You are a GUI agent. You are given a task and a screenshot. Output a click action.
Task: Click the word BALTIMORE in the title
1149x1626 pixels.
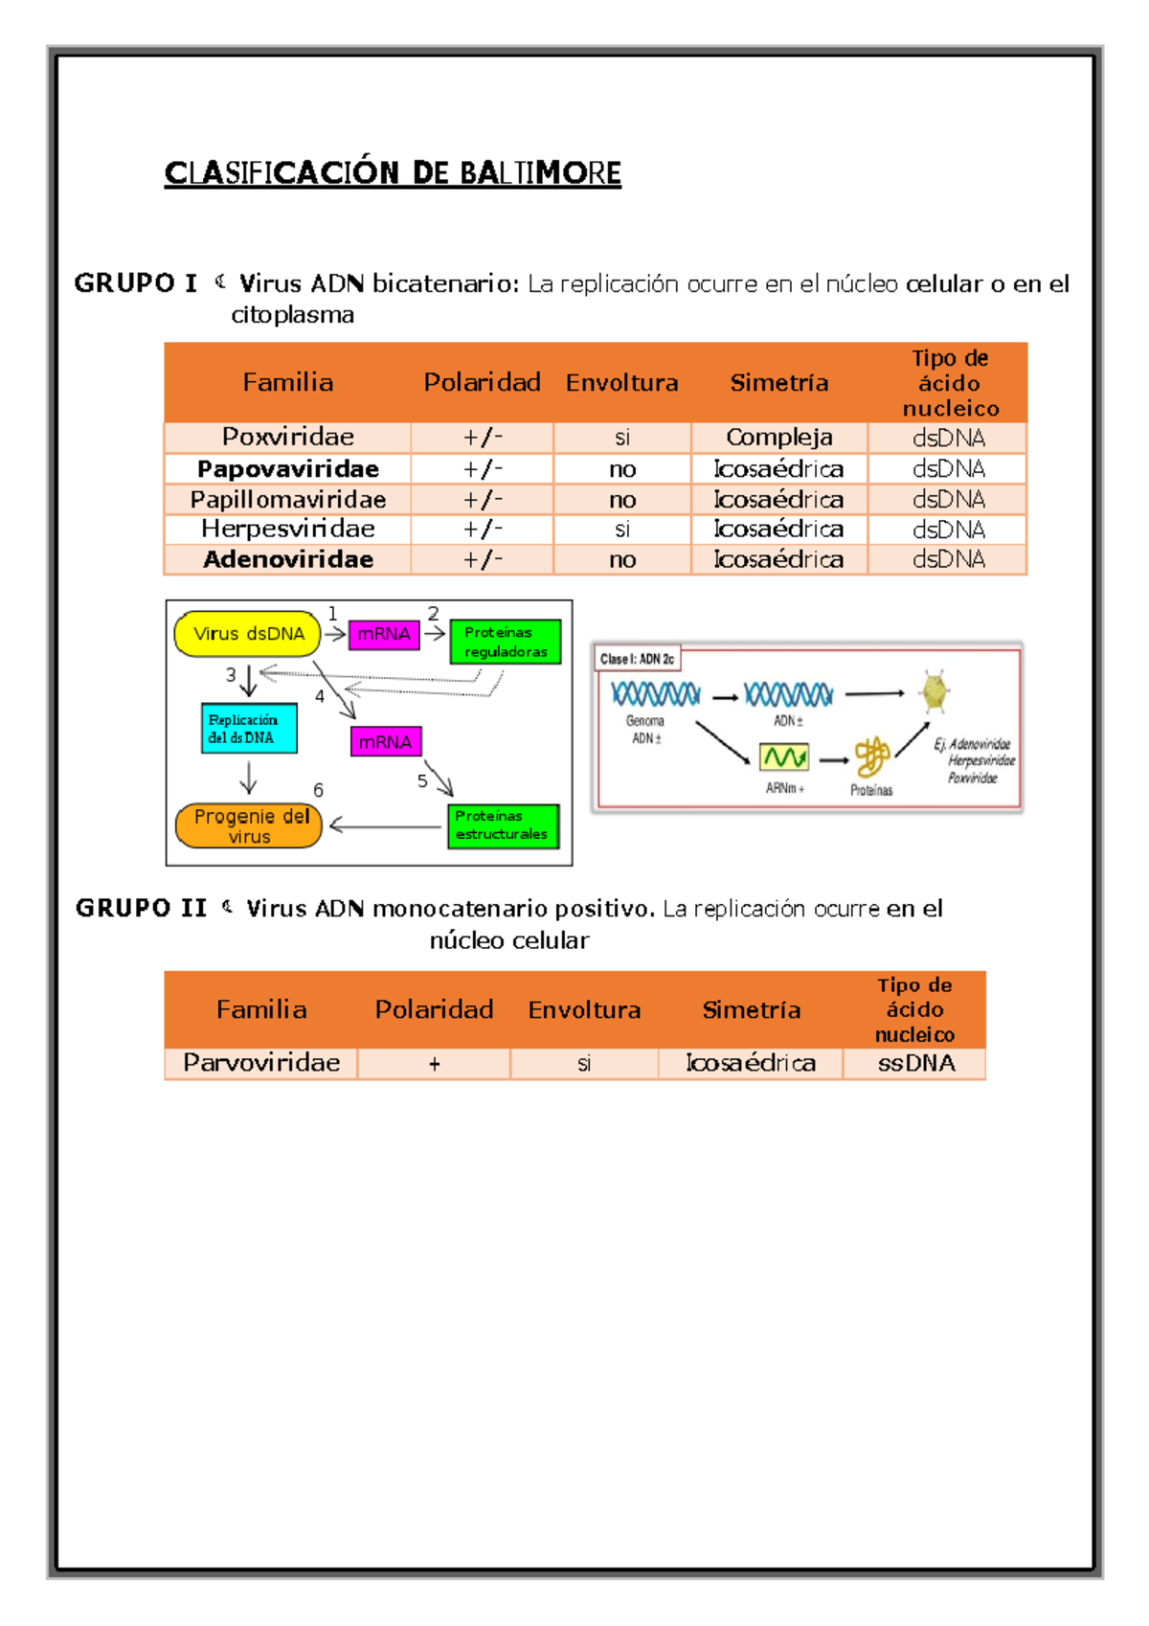pos(540,173)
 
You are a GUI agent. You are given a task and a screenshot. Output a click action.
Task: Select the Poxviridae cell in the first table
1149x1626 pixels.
pos(288,437)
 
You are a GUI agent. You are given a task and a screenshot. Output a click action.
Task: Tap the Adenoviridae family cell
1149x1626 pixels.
pos(288,559)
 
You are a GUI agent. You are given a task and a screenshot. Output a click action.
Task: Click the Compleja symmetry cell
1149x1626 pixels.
pos(778,437)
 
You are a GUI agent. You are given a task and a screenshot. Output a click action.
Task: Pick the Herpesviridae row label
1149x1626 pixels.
pos(288,530)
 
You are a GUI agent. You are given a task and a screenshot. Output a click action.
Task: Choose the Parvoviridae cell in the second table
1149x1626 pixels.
pos(261,1063)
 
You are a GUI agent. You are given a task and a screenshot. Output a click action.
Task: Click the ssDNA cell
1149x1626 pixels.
pos(915,1064)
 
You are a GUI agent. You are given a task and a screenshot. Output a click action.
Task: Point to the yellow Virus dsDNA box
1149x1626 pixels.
pos(247,634)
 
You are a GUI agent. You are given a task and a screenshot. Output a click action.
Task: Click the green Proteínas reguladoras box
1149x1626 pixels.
pos(506,642)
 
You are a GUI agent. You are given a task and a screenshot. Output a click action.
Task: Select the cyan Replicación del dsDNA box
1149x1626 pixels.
pos(249,728)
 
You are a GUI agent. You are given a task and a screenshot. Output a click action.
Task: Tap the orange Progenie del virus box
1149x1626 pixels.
pos(249,825)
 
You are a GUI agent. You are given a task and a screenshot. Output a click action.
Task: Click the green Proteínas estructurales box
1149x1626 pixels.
pos(503,826)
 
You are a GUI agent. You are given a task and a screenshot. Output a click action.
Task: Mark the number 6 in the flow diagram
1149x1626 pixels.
pos(318,791)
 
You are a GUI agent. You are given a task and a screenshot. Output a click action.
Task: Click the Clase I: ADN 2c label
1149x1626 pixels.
pos(637,659)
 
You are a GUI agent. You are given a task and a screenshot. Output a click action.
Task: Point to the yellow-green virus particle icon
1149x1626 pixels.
pos(935,691)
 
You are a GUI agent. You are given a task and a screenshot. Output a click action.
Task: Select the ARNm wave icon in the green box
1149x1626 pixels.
pos(784,757)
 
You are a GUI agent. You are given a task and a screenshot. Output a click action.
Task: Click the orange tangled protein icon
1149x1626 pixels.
pos(871,757)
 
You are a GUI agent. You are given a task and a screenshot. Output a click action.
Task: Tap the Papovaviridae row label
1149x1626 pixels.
pos(288,469)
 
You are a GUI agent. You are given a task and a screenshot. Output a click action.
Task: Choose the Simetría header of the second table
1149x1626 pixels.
pos(752,1009)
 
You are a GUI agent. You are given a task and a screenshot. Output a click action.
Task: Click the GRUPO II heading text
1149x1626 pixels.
pos(142,908)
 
